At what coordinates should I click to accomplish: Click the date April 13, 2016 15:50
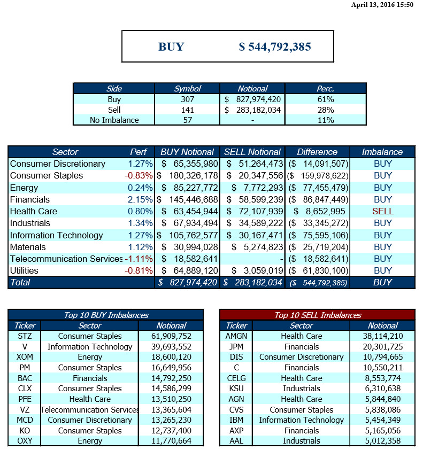pos(382,5)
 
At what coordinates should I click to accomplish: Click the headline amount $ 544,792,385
pos(275,46)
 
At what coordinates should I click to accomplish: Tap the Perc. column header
pos(325,89)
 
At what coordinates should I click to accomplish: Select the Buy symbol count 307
pos(188,99)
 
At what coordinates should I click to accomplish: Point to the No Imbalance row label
pos(114,120)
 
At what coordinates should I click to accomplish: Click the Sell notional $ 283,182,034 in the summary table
pos(253,110)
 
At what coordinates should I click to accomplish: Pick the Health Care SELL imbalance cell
pos(383,211)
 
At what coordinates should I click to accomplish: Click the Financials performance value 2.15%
pos(140,199)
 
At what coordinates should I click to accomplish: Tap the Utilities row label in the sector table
pos(24,270)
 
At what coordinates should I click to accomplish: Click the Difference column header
pos(317,152)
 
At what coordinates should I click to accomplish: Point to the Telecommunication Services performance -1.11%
pos(139,259)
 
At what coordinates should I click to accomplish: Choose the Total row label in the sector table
pos(20,282)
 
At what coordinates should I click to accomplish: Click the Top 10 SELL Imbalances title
pos(318,315)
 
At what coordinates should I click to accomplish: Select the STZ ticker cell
pos(25,336)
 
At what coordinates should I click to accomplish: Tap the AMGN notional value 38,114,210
pos(383,336)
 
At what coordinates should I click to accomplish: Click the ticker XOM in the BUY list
pos(25,357)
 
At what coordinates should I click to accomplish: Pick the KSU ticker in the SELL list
pos(236,389)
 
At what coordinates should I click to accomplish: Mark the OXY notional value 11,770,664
pos(172,441)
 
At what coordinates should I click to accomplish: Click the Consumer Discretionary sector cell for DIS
pos(302,357)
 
